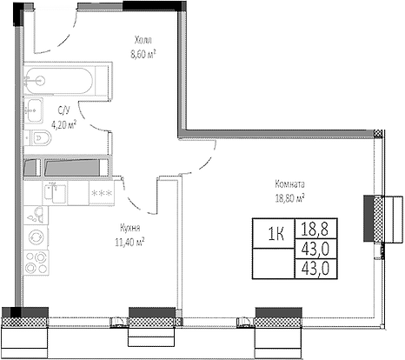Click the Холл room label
pyautogui.click(x=143, y=40)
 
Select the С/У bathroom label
pyautogui.click(x=64, y=111)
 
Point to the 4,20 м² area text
pyautogui.click(x=64, y=123)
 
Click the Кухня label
pyautogui.click(x=131, y=228)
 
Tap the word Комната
pyautogui.click(x=289, y=184)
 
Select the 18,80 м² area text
pyautogui.click(x=289, y=197)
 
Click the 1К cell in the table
pyautogui.click(x=273, y=232)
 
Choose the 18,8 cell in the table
pyautogui.click(x=315, y=230)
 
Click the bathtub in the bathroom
pyautogui.click(x=56, y=80)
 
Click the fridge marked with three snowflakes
pyautogui.click(x=102, y=192)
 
